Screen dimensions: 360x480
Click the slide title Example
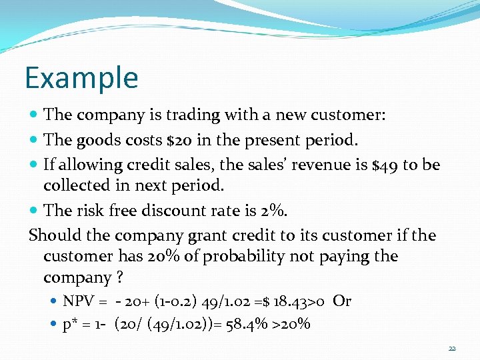click(81, 77)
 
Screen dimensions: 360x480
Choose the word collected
click(74, 185)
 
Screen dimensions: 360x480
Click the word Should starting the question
click(51, 235)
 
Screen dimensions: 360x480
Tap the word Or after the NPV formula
click(341, 301)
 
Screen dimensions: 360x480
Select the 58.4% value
click(252, 325)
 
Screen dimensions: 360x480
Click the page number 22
click(452, 349)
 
